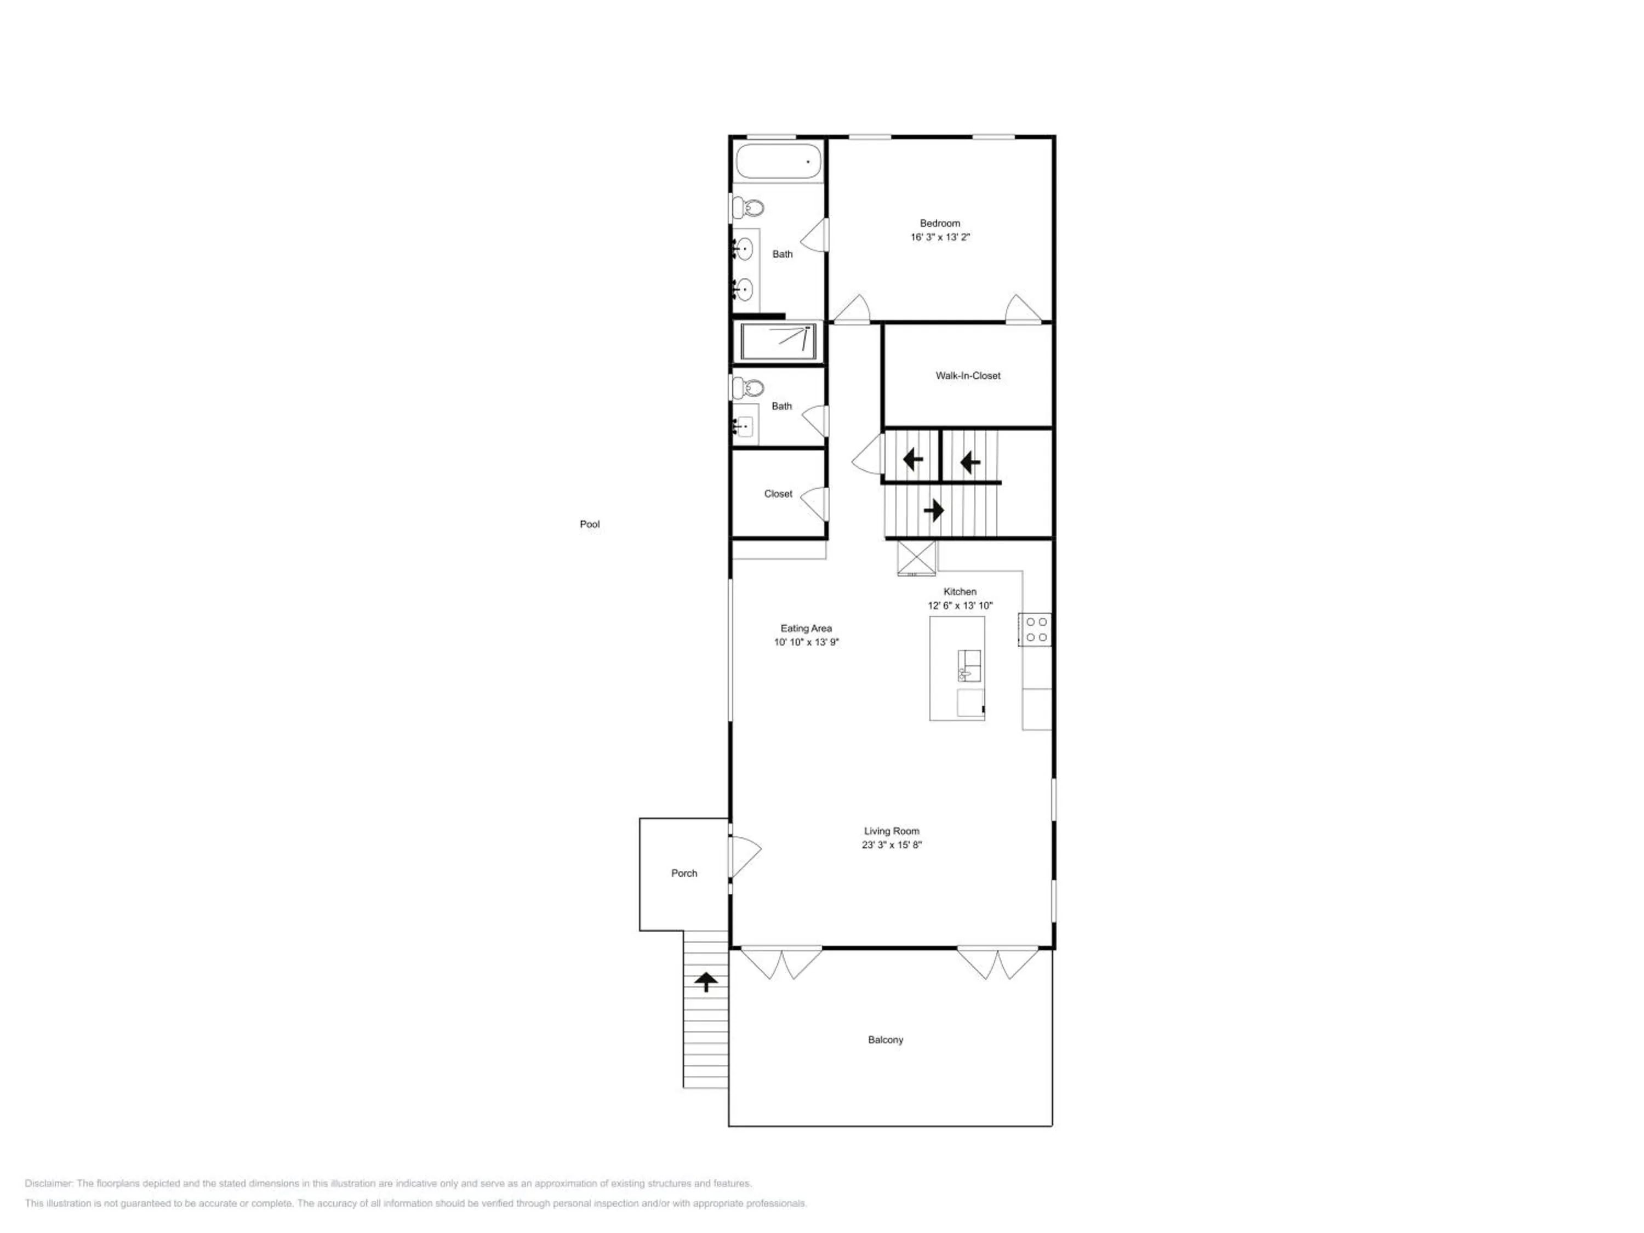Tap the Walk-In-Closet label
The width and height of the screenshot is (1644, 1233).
[x=968, y=375]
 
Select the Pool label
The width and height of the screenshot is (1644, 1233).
[x=589, y=524]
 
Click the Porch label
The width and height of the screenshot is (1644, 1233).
[x=684, y=874]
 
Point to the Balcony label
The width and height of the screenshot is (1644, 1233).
[x=885, y=1040]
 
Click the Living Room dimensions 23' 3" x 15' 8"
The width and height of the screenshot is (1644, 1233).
[x=891, y=845]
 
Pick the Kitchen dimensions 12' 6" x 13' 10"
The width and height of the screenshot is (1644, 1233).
[x=960, y=606]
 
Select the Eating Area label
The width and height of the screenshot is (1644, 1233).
[x=806, y=628]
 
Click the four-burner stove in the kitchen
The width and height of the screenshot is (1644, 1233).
[x=1035, y=630]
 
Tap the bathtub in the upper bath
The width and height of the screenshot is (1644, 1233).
[x=778, y=161]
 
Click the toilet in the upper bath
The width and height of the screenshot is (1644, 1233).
[x=749, y=207]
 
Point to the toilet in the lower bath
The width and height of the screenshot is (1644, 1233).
[x=749, y=387]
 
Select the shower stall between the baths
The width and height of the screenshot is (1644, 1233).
[x=778, y=342]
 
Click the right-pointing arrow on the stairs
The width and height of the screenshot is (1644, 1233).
[x=933, y=511]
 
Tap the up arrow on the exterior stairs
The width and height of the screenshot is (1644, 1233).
[x=705, y=982]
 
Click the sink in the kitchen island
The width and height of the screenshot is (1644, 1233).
[x=968, y=666]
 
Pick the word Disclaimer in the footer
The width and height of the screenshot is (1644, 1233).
[x=48, y=1183]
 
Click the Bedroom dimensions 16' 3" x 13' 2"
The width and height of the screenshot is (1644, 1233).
[x=940, y=237]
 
